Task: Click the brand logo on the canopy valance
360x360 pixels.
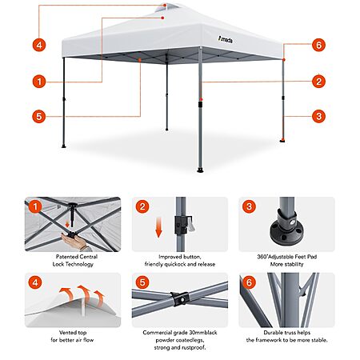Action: point(226,40)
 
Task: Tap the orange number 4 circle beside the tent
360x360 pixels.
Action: point(39,45)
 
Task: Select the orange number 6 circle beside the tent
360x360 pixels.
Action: point(318,45)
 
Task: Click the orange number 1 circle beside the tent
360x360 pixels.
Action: point(39,82)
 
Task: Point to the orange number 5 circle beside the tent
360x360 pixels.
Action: point(39,117)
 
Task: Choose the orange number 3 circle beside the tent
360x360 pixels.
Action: point(318,116)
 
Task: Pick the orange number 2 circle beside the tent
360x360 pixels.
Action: point(318,82)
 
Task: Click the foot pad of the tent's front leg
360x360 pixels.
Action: point(200,170)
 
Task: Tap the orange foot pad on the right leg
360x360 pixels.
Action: point(282,140)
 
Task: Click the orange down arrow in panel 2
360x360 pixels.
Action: point(159,227)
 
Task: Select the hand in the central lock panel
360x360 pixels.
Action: point(74,242)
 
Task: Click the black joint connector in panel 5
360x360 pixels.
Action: point(180,299)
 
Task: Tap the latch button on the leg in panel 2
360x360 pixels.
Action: point(190,224)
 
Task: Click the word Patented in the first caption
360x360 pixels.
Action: point(66,257)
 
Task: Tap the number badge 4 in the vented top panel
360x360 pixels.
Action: point(35,282)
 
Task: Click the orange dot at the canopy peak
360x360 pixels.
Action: point(165,5)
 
